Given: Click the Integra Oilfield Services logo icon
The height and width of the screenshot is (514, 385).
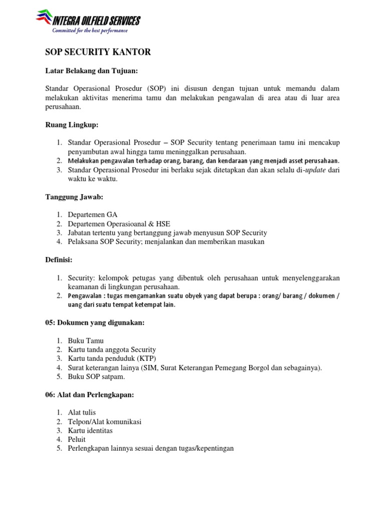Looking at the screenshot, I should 45,19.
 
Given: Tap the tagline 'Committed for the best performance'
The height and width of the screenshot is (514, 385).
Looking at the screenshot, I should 90,31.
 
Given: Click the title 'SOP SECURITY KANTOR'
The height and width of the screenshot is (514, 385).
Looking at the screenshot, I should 98,52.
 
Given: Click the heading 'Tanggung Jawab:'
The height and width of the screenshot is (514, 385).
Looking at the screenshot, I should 74,197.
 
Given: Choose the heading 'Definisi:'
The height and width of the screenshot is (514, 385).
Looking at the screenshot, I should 59,260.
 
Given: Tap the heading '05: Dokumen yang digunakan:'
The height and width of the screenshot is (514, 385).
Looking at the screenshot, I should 95,322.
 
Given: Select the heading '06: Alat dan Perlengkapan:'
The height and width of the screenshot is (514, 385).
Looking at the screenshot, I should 90,395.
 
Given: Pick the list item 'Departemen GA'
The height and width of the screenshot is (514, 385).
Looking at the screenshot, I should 93,215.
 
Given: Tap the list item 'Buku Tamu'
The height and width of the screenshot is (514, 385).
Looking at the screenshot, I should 86,341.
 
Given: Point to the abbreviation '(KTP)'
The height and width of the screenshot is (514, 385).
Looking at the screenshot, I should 146,359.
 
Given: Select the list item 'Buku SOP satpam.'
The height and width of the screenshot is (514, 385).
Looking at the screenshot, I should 96,377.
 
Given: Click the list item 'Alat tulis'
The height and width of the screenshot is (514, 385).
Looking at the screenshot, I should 82,413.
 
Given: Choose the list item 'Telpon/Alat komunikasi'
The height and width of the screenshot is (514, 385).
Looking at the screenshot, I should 104,422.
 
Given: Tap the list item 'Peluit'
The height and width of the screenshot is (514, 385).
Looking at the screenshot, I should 77,440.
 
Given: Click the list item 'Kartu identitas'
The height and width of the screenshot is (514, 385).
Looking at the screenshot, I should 90,431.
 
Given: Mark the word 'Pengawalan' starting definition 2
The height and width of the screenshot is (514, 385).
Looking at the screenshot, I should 85,296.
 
